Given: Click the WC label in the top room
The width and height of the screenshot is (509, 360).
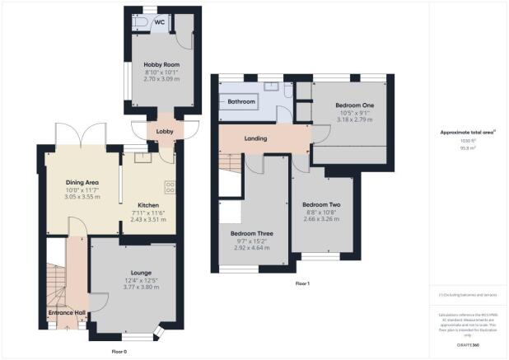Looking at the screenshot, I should point(158,22).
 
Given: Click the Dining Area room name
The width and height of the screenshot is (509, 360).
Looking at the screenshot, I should point(82,182).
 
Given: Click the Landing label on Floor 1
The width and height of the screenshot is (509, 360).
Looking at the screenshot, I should point(255,138).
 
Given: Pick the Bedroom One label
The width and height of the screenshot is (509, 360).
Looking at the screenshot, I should point(355,106).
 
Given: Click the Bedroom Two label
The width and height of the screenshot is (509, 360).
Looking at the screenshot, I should point(321,204).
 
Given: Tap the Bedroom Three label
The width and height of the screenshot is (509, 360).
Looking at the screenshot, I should point(252,233).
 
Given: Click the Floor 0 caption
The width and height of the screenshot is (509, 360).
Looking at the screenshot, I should point(120,352).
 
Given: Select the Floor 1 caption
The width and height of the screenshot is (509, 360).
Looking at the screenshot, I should point(302,284).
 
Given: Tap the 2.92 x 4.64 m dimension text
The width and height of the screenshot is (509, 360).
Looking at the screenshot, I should point(252,247).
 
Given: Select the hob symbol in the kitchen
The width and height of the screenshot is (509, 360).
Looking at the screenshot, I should point(170,186).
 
